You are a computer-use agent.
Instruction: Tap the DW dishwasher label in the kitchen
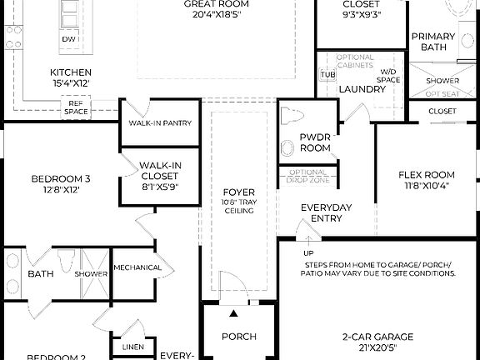point(70,39)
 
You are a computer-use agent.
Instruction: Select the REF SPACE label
point(76,107)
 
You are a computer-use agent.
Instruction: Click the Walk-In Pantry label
point(160,123)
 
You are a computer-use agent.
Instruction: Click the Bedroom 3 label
point(61,183)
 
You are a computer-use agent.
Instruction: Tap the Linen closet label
point(132,346)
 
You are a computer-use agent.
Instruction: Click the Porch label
point(238,337)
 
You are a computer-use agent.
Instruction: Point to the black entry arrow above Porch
point(234,313)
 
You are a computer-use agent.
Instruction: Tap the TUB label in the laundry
point(327,74)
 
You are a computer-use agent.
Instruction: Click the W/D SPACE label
point(388,76)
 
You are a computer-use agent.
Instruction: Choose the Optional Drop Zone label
point(308,177)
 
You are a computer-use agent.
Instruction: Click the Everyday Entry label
point(327,212)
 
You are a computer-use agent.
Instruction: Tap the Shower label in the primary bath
point(442,81)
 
